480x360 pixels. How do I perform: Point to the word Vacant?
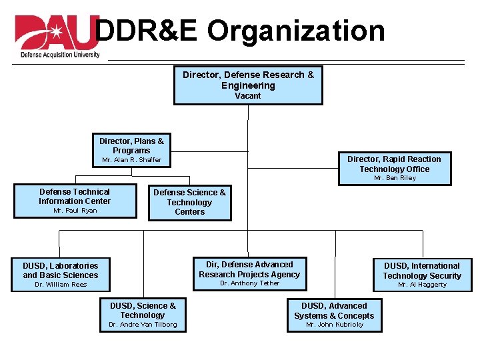click(x=248, y=96)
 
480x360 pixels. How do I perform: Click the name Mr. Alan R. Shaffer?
click(x=131, y=160)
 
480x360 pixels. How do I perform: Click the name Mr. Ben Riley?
click(x=395, y=178)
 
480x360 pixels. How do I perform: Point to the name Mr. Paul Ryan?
click(x=75, y=211)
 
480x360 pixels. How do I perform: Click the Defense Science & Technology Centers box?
click(x=189, y=202)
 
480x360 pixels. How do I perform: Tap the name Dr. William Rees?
click(x=61, y=285)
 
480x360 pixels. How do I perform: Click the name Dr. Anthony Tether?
click(x=249, y=283)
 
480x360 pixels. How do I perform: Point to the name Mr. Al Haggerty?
click(x=422, y=285)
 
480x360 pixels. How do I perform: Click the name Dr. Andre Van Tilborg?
click(x=143, y=325)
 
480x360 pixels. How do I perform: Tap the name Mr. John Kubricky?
click(x=334, y=325)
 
